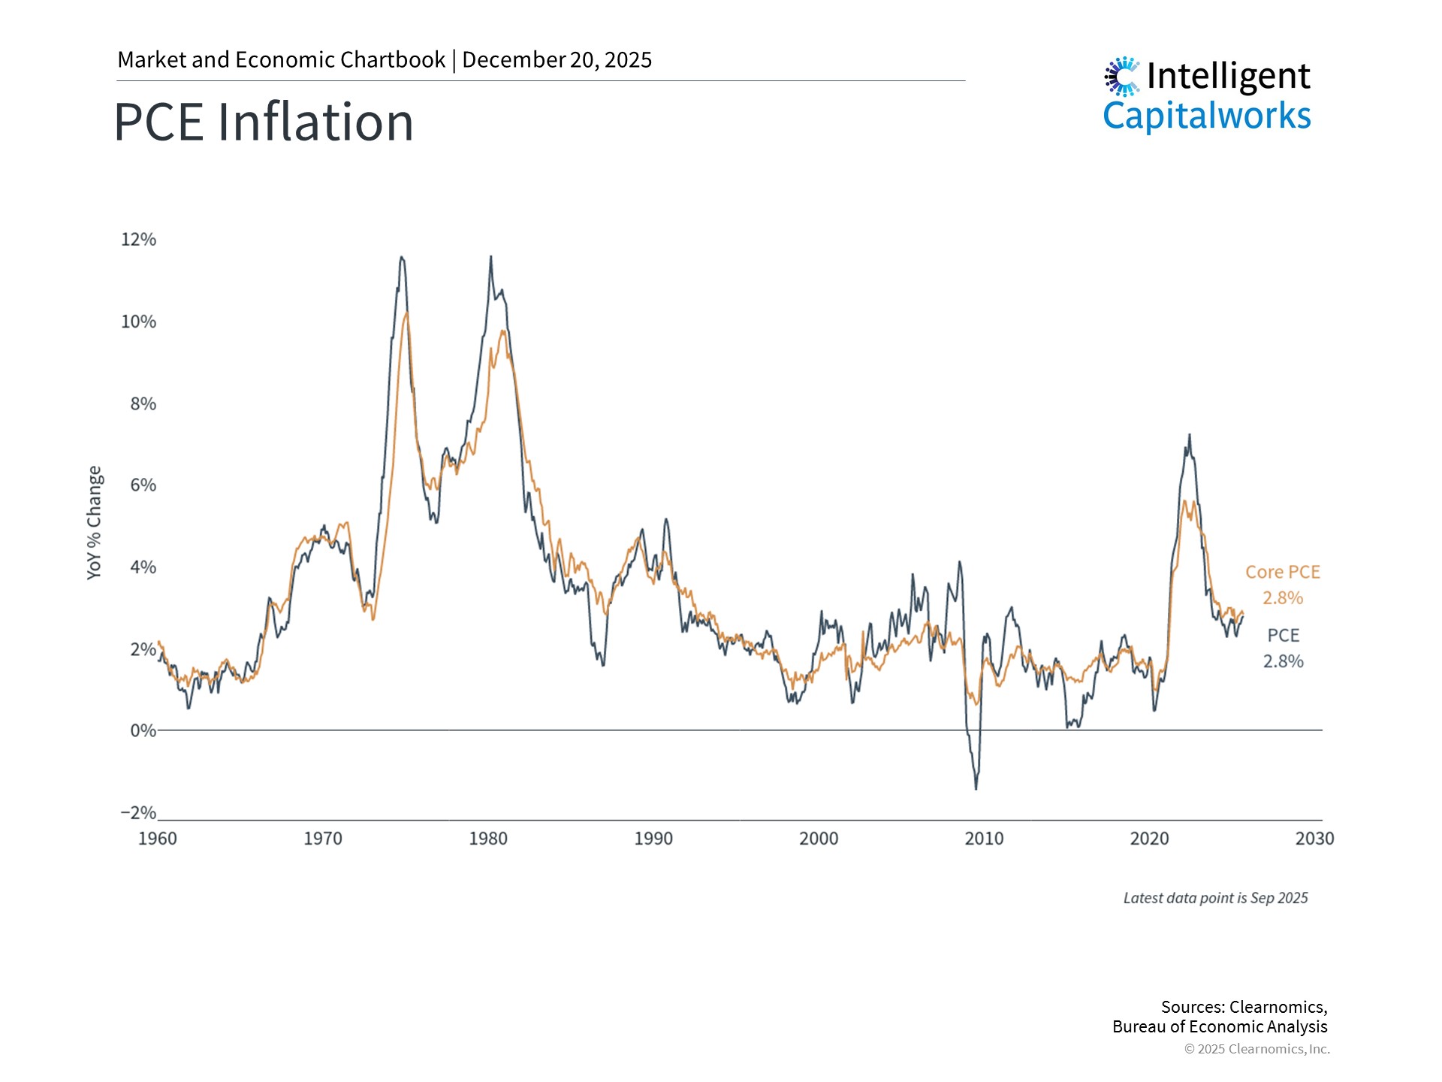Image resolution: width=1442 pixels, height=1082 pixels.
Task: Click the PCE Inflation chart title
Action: tap(264, 122)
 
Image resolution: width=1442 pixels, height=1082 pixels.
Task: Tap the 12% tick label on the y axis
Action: tap(138, 240)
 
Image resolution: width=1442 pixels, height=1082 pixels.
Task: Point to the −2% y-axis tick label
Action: tap(138, 813)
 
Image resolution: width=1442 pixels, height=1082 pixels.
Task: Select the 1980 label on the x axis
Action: tap(488, 839)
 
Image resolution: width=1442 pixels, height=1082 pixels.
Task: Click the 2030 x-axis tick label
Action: tap(1314, 839)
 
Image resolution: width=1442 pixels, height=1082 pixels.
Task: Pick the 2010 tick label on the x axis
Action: tap(984, 839)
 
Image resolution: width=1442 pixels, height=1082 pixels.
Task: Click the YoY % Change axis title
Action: tap(94, 522)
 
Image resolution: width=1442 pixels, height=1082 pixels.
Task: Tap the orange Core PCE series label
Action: tap(1282, 572)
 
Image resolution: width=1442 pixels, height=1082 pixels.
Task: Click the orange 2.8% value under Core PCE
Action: tap(1282, 598)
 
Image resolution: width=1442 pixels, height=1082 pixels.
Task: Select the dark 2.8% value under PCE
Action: tap(1283, 661)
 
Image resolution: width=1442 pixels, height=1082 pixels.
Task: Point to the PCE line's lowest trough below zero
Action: tap(976, 788)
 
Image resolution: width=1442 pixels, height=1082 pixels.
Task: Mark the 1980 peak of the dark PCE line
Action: tap(491, 257)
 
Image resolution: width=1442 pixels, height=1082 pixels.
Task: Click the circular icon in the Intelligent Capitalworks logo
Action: tap(1122, 76)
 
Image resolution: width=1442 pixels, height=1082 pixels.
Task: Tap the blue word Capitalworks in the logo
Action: tap(1206, 116)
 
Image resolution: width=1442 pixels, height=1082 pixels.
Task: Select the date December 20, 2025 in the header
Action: tap(557, 60)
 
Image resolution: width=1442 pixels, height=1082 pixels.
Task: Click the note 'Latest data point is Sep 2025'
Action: tap(1215, 898)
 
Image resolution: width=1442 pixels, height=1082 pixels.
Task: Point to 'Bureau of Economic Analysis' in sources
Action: tap(1220, 1027)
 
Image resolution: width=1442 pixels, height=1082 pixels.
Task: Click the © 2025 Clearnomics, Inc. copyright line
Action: tap(1256, 1049)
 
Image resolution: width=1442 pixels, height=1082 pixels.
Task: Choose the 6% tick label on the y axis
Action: tap(143, 485)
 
